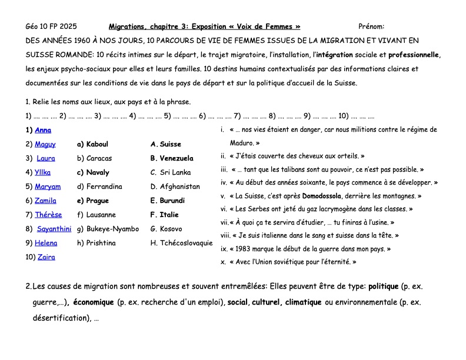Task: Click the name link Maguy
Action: (x=45, y=144)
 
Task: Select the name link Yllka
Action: (x=42, y=172)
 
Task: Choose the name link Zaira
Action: (x=46, y=257)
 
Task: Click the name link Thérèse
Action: (x=48, y=215)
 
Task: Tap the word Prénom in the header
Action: (x=371, y=26)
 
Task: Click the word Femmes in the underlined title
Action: (x=278, y=26)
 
